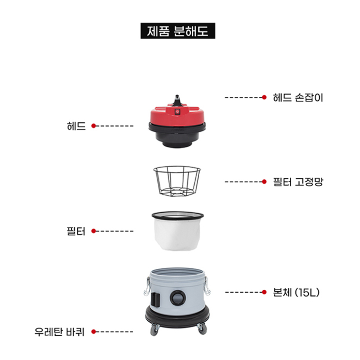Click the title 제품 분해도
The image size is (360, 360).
tap(178, 31)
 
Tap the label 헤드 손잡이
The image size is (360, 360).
tap(298, 98)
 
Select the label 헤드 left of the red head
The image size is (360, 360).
tap(76, 126)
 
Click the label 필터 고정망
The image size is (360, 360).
tap(298, 182)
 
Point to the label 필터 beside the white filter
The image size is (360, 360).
tap(76, 231)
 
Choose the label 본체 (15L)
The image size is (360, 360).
tap(296, 292)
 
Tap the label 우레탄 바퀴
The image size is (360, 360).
tap(60, 332)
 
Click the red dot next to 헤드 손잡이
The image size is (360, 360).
tap(264, 97)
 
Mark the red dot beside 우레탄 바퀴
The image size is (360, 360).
tap(94, 331)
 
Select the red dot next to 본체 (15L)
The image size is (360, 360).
tap(264, 292)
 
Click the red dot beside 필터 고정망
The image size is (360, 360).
tap(264, 182)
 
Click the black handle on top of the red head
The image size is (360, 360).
tap(177, 101)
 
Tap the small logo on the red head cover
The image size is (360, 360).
tap(177, 112)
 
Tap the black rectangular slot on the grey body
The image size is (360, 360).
tap(156, 299)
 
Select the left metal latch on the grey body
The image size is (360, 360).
tap(147, 286)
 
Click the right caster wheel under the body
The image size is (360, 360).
tap(202, 329)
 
